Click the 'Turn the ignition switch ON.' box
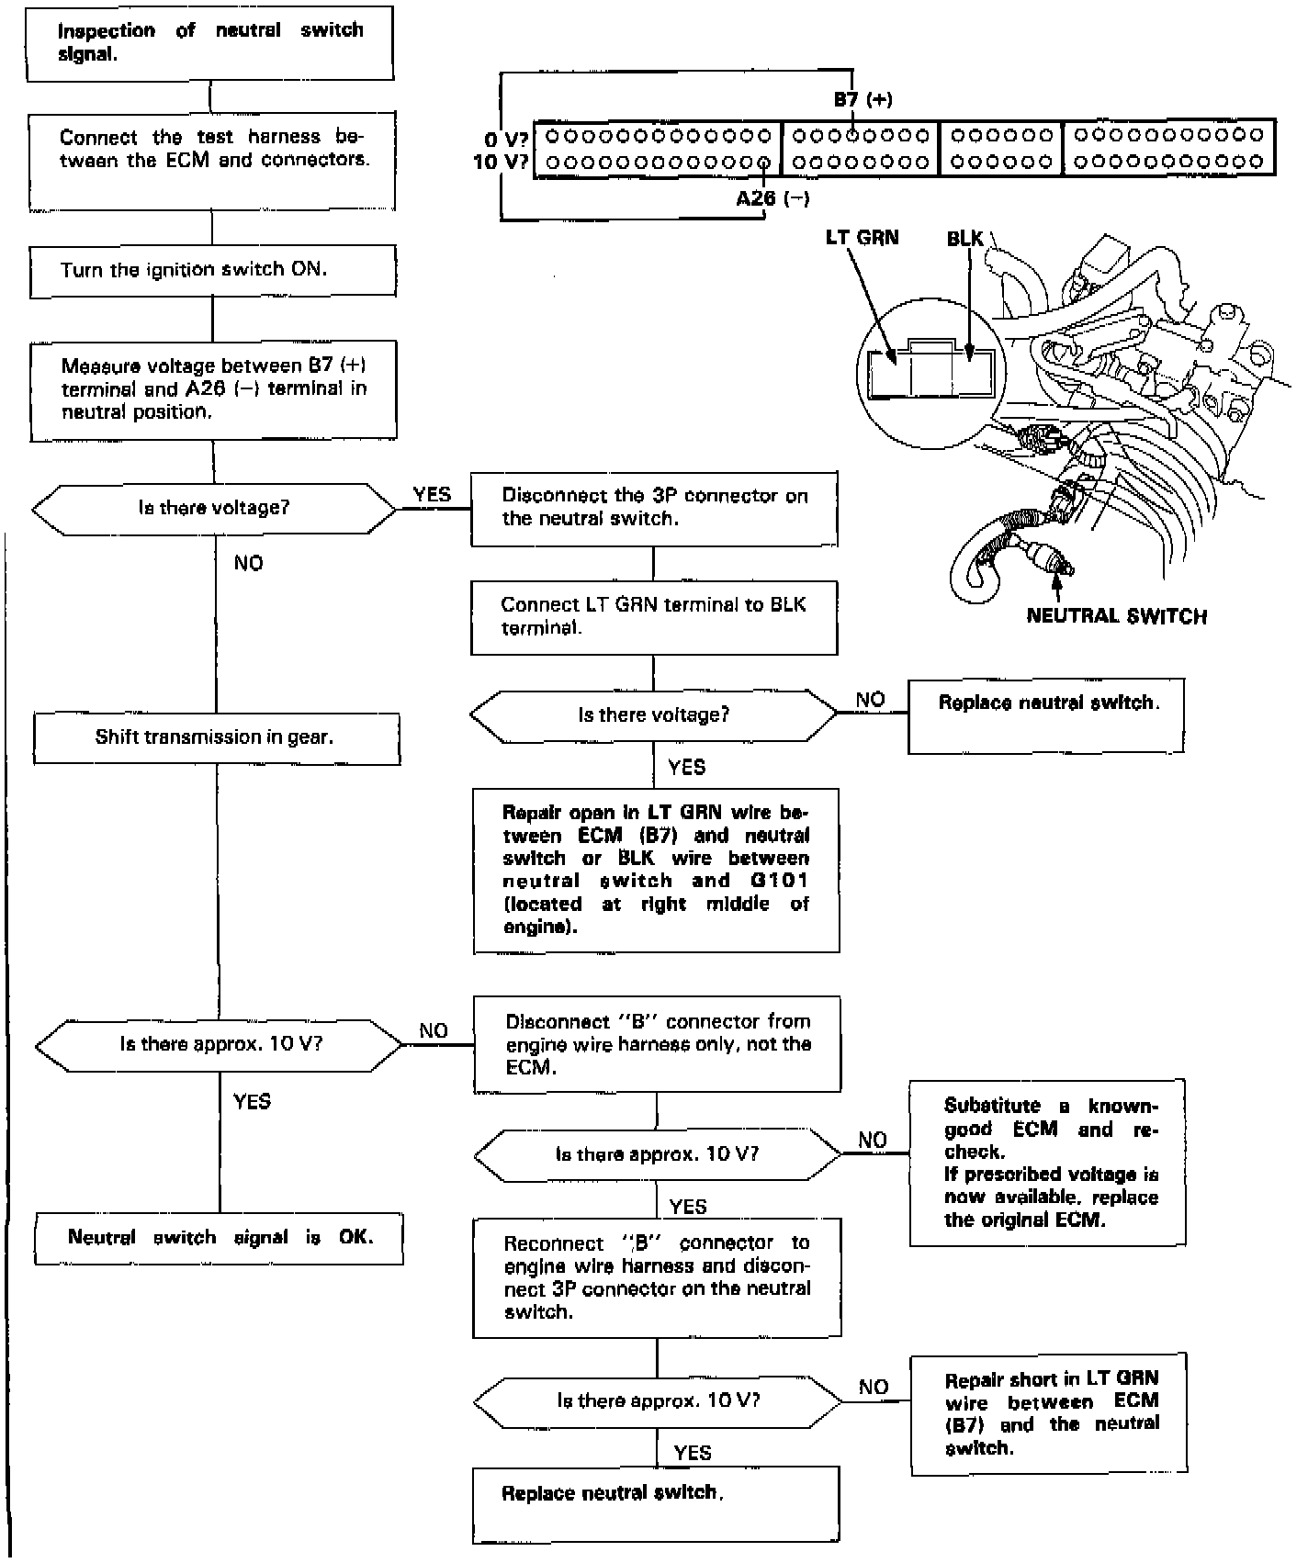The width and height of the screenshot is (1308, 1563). coord(212,271)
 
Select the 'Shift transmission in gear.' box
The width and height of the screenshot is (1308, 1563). coord(217,738)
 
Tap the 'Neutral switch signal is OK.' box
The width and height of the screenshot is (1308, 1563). coord(220,1238)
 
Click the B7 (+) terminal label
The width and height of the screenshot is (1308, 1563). coord(863,99)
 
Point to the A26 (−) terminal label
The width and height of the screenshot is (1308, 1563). coord(772,197)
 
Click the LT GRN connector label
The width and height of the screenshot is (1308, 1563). coord(862,238)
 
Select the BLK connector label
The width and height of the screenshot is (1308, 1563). coord(964,239)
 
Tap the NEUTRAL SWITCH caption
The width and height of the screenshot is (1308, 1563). coord(1116,616)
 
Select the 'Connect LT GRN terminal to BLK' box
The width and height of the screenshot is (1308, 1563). coord(654,617)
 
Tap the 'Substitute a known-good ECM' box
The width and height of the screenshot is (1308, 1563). coord(1047,1163)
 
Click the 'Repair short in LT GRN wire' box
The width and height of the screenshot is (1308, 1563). coord(1049,1413)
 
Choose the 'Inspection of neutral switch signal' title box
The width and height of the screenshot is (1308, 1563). coord(210,43)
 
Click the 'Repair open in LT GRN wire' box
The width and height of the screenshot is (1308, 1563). coord(656,870)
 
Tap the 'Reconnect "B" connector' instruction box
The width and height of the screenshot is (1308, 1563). coord(657,1277)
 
